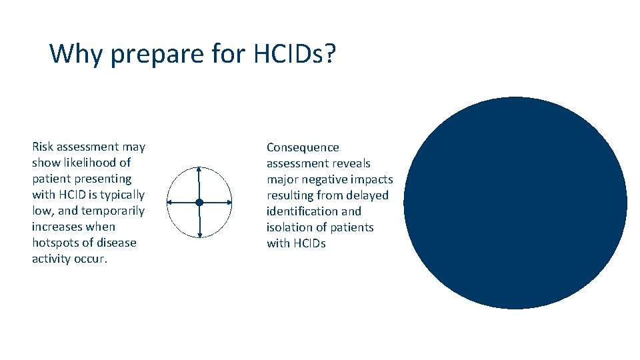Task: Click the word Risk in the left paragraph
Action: [x=43, y=147]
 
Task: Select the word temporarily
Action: [x=113, y=211]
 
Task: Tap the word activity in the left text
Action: [x=51, y=259]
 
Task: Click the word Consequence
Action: [x=303, y=147]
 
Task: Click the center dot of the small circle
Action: [x=199, y=202]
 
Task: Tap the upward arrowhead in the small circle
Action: [x=199, y=169]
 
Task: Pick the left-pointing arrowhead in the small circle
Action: [x=169, y=202]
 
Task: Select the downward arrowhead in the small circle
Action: [x=199, y=235]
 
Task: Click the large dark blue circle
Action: [x=515, y=203]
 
